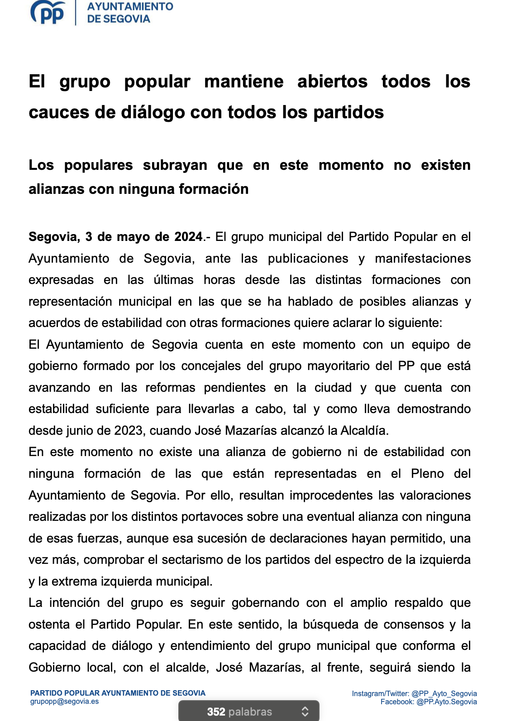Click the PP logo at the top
coord(48,13)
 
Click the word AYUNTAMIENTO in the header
coord(130,7)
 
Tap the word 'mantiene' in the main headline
coord(243,82)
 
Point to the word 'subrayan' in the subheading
coord(175,165)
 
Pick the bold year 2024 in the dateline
coord(188,237)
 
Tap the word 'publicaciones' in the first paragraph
coord(308,259)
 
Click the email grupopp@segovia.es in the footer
coord(64,702)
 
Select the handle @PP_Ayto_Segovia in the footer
coord(444,694)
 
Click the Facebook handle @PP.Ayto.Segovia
coord(446,702)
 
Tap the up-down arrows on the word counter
coord(305,711)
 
